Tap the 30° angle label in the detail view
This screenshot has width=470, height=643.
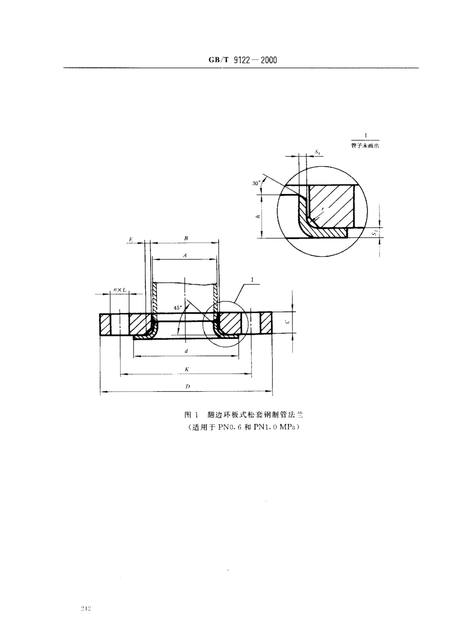coord(256,183)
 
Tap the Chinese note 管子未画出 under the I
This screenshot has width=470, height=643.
coord(365,146)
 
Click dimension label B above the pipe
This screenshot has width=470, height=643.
coord(186,238)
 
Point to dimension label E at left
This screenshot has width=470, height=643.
coord(131,239)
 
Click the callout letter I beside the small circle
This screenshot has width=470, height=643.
coord(252,280)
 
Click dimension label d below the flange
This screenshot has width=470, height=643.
coord(186,351)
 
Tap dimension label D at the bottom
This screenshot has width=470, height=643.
coord(187,387)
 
